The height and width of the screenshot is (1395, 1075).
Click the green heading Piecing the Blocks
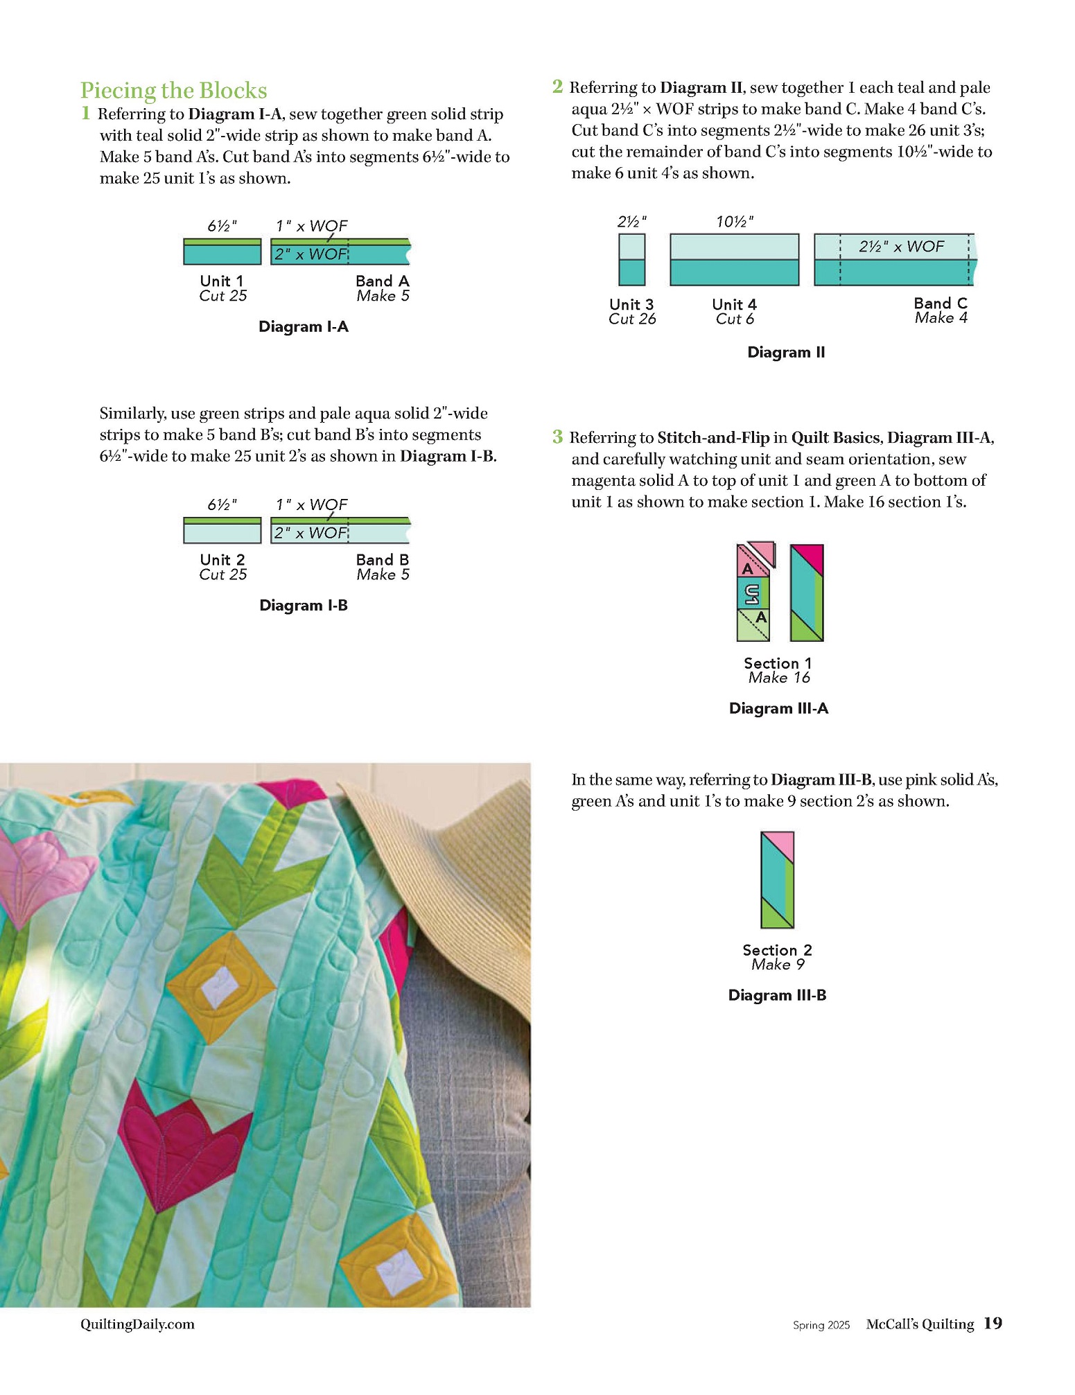click(173, 91)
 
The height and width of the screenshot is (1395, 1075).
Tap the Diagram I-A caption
click(303, 326)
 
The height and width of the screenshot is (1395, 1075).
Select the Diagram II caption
click(785, 352)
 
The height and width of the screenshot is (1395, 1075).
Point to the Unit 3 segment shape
click(631, 260)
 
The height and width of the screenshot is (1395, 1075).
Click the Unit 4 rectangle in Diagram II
click(734, 260)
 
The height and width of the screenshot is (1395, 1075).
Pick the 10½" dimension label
click(734, 222)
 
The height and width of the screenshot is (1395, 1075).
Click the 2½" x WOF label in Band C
click(901, 247)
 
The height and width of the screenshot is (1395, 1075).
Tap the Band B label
click(382, 559)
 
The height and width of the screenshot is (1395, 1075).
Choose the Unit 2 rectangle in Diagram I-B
click(222, 531)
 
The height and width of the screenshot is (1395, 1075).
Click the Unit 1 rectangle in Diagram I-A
click(222, 252)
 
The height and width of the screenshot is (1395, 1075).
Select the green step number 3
click(557, 437)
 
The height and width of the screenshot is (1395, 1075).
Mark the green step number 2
click(557, 87)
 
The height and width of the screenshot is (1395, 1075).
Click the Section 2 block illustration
click(777, 880)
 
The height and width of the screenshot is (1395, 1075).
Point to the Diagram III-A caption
click(778, 708)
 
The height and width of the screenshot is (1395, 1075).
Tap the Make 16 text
click(778, 678)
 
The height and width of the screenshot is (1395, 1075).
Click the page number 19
click(993, 1324)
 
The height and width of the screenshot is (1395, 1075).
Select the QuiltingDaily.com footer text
click(137, 1324)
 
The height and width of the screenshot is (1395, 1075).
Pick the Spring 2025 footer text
click(821, 1325)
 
